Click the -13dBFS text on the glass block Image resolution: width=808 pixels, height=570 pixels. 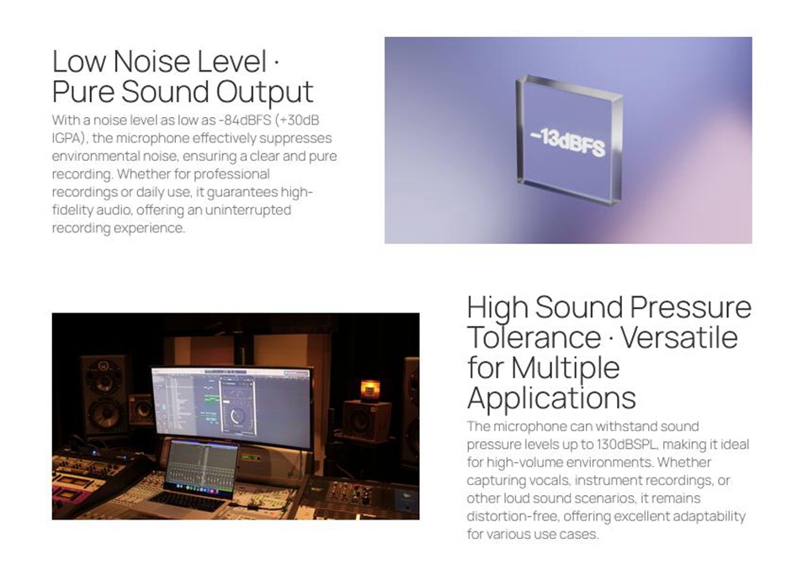coord(568,141)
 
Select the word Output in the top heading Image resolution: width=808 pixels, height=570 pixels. coord(264,92)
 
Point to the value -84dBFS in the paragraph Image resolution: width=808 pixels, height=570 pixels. coord(245,120)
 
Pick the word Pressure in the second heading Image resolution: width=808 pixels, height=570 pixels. coord(690,307)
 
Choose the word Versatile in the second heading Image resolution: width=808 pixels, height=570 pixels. coord(679,338)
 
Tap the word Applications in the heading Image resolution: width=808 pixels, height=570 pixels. coord(551,398)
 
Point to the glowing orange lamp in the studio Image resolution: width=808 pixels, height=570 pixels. coord(369,390)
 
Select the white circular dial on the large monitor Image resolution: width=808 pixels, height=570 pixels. coord(237,415)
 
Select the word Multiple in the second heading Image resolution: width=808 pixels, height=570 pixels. coord(566,368)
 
